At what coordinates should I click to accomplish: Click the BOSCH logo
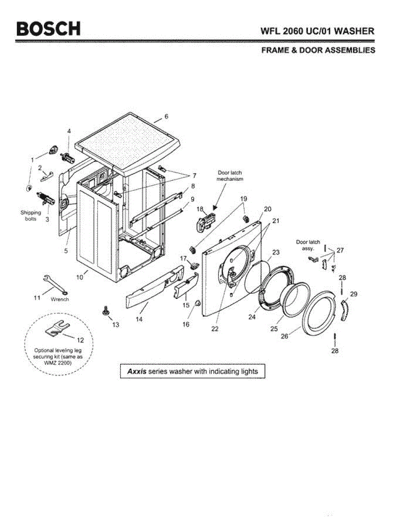48,29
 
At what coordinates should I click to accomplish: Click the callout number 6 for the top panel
166,116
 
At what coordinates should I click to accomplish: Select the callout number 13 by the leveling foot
115,324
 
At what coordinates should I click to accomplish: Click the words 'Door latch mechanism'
229,175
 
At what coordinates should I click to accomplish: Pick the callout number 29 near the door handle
353,294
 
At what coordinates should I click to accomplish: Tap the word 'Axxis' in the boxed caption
136,371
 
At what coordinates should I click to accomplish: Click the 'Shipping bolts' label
31,215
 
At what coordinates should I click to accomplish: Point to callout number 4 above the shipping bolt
68,131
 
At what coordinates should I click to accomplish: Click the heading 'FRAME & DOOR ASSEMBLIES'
318,50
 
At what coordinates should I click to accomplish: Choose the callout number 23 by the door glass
276,252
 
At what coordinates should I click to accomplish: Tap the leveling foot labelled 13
105,311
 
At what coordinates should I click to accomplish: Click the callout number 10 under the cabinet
80,277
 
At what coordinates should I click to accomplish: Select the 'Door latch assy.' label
308,245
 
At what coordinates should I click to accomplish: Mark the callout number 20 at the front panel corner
267,209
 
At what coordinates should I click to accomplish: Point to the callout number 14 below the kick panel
139,320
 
